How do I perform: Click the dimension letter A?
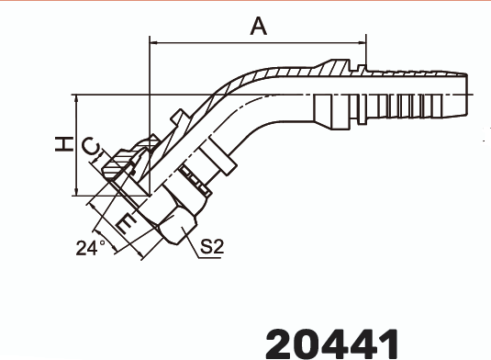point(259,27)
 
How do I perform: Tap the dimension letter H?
point(64,144)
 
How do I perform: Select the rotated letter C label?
point(91,146)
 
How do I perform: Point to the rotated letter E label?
point(127,223)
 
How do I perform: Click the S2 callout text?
point(212,246)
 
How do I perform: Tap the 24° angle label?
point(91,248)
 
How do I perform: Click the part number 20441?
point(332,343)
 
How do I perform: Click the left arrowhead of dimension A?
point(154,42)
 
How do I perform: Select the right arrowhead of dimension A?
point(362,42)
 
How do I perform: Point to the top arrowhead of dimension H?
point(76,98)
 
